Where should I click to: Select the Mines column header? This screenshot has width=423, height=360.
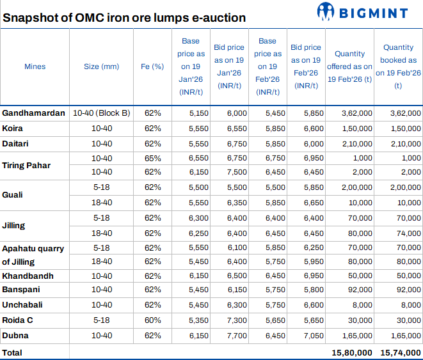tap(35, 67)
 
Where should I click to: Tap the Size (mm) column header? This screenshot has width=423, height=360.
tap(101, 67)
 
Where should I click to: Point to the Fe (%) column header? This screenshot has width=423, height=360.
tap(152, 67)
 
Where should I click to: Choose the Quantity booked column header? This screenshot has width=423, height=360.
tap(398, 67)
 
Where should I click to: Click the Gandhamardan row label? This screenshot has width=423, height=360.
tap(33, 113)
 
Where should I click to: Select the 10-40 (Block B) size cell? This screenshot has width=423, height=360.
tap(101, 113)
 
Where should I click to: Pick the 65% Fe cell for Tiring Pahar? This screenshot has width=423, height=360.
tap(152, 158)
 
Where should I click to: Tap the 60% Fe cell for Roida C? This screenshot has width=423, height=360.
tap(152, 320)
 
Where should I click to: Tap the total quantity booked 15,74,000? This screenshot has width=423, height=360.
tap(400, 352)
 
